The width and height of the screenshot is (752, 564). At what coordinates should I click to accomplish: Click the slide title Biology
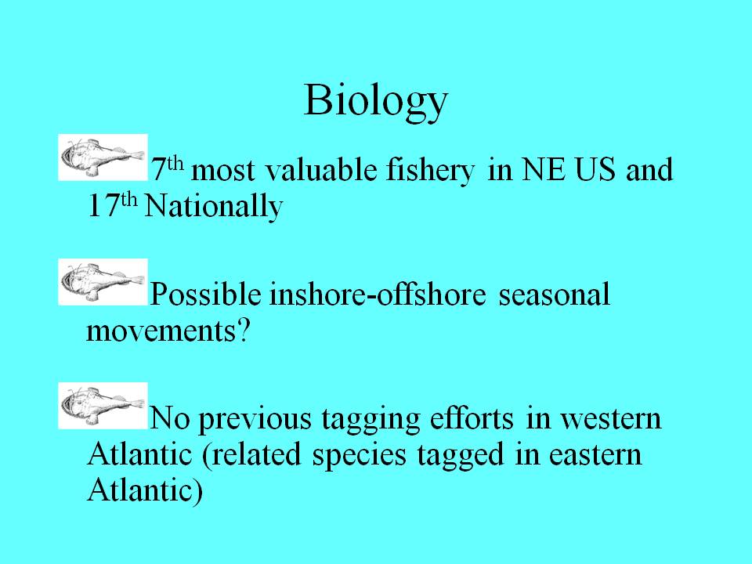376,102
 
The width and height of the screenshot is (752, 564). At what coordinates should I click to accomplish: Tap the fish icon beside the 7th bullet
103,157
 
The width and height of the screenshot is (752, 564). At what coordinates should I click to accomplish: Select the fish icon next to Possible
103,282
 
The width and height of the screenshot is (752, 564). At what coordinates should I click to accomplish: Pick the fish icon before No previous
103,406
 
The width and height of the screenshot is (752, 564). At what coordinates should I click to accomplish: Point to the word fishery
430,171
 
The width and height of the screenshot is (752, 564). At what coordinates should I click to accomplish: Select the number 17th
113,205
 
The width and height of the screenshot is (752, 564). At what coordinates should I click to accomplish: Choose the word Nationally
214,207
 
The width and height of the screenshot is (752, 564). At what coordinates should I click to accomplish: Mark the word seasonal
555,294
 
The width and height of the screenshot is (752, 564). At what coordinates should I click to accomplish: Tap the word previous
255,420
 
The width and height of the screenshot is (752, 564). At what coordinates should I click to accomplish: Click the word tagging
371,420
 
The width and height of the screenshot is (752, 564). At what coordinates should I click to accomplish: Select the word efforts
472,418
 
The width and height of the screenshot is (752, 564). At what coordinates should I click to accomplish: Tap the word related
256,454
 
